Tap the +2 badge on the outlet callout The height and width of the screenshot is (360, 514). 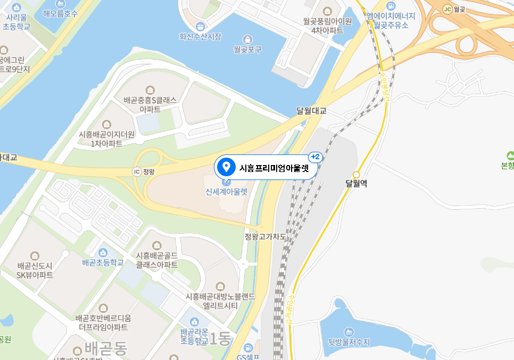[x=315, y=157]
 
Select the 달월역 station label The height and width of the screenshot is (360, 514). [x=356, y=184]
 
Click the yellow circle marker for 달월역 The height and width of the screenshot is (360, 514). [x=357, y=174]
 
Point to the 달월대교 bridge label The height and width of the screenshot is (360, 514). [x=311, y=111]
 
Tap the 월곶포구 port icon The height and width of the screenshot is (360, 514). [x=247, y=39]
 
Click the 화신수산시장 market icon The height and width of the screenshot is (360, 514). [x=200, y=26]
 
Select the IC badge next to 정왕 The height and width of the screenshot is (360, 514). [x=137, y=171]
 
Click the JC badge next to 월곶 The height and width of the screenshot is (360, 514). [x=446, y=9]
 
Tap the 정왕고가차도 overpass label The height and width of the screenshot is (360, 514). [x=265, y=236]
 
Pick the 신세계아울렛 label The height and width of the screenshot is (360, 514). [x=227, y=192]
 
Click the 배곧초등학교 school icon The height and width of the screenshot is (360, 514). [x=103, y=252]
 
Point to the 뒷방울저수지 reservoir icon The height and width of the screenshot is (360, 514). [x=349, y=331]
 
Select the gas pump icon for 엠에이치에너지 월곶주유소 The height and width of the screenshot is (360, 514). [x=391, y=6]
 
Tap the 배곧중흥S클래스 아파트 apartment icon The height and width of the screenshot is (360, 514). [x=150, y=89]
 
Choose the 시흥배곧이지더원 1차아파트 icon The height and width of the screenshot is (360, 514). [x=107, y=124]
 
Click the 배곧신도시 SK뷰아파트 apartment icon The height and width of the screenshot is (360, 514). [x=35, y=255]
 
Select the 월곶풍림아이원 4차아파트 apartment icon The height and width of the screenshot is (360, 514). [x=327, y=11]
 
